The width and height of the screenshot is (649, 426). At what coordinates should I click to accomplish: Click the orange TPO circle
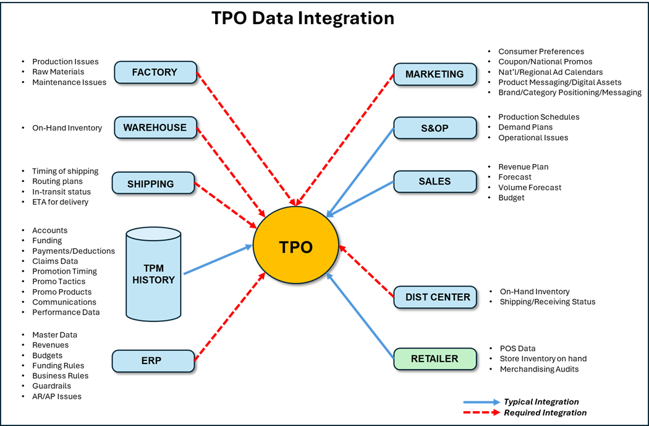click(x=295, y=245)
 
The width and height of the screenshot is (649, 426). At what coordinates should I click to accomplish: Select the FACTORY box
click(x=155, y=72)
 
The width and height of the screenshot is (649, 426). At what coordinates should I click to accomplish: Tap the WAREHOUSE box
click(x=155, y=128)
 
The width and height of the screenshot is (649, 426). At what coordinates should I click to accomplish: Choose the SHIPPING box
click(x=153, y=183)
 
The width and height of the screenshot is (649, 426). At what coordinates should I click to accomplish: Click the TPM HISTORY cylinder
click(x=153, y=274)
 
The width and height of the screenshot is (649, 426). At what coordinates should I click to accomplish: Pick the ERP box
click(x=153, y=361)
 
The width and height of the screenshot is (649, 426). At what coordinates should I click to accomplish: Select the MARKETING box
click(x=435, y=74)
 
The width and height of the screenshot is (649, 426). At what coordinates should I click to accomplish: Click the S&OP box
click(x=435, y=128)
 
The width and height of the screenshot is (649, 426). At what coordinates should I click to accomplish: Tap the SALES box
click(x=435, y=181)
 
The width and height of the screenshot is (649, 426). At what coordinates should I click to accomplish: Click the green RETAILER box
click(x=435, y=359)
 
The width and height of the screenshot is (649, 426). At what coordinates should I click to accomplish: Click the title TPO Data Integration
click(x=303, y=18)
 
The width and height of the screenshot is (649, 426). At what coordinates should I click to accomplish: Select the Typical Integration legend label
click(x=541, y=401)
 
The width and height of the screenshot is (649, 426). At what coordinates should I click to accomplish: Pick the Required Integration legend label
click(x=545, y=412)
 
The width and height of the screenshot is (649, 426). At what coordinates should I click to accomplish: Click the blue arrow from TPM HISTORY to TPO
click(x=218, y=259)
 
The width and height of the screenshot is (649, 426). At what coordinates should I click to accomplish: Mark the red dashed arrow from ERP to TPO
click(x=230, y=317)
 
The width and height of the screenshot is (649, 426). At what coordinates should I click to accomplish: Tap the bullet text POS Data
click(x=517, y=349)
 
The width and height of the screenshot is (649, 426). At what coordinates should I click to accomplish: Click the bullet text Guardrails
click(x=52, y=386)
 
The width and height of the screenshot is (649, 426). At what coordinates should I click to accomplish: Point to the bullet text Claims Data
click(x=55, y=261)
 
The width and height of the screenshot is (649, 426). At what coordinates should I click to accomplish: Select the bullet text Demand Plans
click(x=525, y=127)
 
